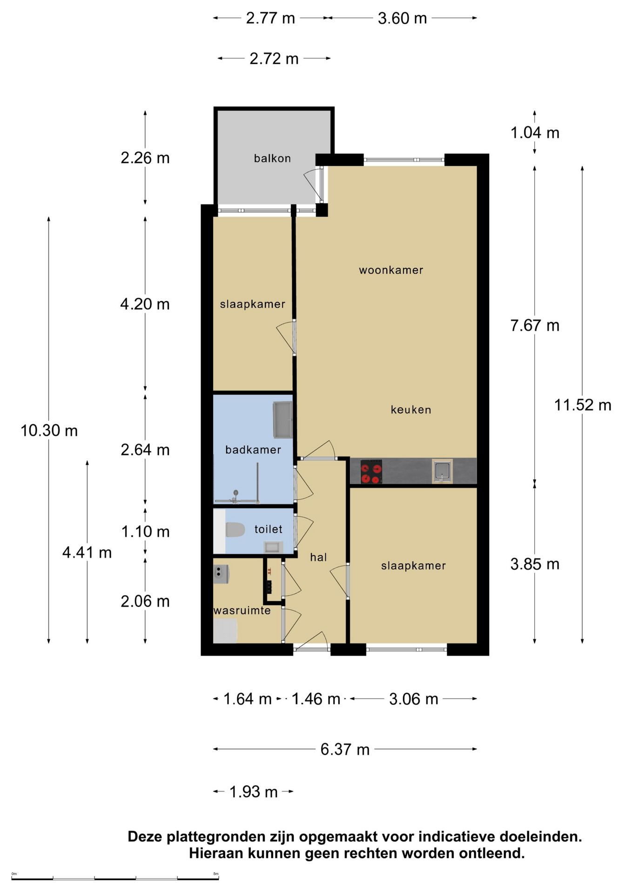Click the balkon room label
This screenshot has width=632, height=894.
click(272, 158)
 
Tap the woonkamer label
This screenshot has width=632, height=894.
click(391, 270)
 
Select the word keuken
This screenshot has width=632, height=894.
click(411, 410)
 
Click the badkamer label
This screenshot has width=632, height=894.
click(253, 450)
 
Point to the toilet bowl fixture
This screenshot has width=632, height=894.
click(235, 529)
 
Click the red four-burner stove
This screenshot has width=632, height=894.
click(371, 472)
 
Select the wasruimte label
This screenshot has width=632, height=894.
click(242, 610)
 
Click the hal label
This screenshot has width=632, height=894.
click(318, 557)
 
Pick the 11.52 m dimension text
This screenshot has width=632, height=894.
click(583, 405)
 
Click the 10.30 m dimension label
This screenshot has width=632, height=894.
click(49, 431)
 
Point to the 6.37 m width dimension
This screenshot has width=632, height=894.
click(345, 750)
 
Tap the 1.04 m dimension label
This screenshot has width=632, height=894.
click(535, 133)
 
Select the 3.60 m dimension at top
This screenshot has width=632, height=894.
click(403, 19)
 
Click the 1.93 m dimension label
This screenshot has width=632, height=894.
click(254, 792)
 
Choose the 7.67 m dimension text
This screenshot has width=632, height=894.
click(535, 325)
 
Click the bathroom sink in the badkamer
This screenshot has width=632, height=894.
click(282, 420)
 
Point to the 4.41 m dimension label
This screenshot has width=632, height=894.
click(87, 553)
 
